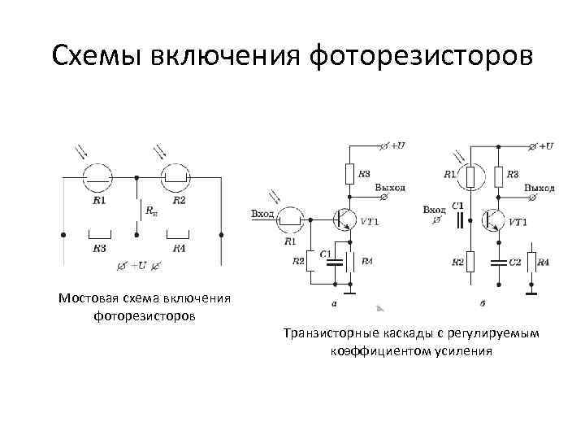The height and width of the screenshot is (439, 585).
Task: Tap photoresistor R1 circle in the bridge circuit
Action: pyautogui.click(x=100, y=176)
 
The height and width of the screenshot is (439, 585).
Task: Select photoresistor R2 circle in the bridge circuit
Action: pyautogui.click(x=177, y=176)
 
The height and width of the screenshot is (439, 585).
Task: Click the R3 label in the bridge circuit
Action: pyautogui.click(x=100, y=248)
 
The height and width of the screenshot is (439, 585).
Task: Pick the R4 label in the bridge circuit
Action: pyautogui.click(x=179, y=248)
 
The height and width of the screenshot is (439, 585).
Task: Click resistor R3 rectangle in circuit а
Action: pyautogui.click(x=349, y=172)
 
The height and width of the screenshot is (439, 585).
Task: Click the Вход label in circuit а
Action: pyautogui.click(x=263, y=214)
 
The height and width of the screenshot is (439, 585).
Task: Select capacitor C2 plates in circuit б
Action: pyautogui.click(x=496, y=263)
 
